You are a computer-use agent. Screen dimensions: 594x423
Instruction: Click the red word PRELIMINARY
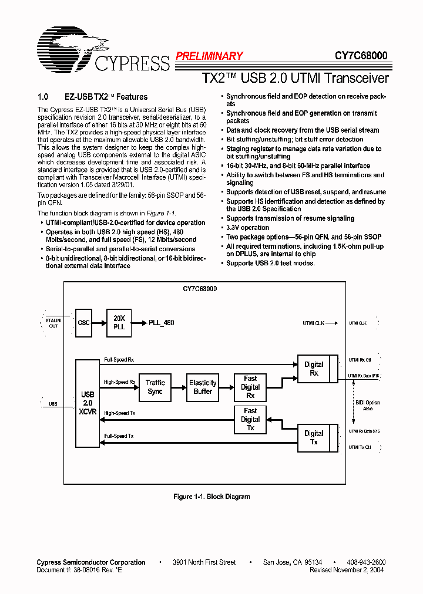pyautogui.click(x=209, y=56)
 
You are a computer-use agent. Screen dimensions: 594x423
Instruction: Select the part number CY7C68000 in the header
pyautogui.click(x=361, y=56)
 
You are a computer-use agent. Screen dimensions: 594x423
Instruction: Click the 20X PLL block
pyautogui.click(x=119, y=322)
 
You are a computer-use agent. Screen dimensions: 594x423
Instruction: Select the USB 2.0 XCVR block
pyautogui.click(x=88, y=399)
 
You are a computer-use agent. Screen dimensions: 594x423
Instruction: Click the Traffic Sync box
pyautogui.click(x=155, y=387)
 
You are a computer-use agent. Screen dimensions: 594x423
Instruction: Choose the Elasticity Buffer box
pyautogui.click(x=203, y=387)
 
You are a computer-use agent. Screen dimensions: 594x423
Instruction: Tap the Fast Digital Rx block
pyautogui.click(x=250, y=387)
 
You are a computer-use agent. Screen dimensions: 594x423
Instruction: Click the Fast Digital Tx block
pyautogui.click(x=250, y=419)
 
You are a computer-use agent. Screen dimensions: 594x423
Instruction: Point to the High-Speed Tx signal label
pyautogui.click(x=119, y=413)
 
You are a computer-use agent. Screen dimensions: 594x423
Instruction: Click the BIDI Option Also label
pyautogui.click(x=368, y=406)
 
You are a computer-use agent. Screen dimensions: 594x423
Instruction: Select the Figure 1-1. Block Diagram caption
pyautogui.click(x=211, y=497)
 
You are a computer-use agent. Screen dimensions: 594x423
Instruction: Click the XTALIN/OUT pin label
pyautogui.click(x=53, y=323)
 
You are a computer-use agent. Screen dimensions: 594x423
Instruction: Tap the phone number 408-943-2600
pyautogui.click(x=366, y=562)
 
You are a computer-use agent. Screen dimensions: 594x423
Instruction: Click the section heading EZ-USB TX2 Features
pyautogui.click(x=106, y=97)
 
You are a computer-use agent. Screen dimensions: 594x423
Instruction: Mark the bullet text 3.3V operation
pyautogui.click(x=248, y=228)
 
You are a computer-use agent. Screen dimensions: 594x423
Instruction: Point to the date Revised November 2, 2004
pyautogui.click(x=347, y=570)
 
